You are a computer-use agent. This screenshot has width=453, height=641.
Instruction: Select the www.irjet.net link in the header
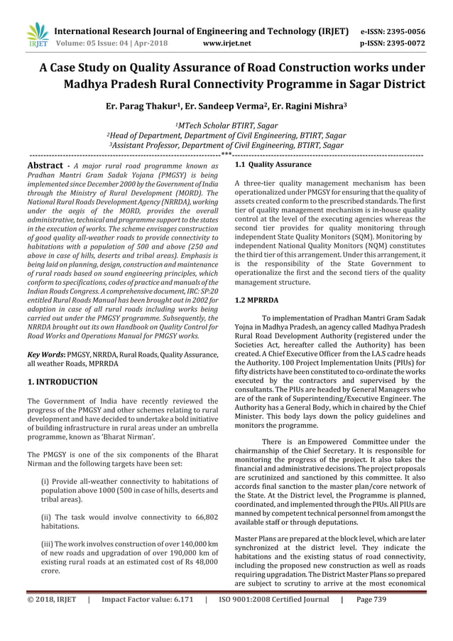coord(226,43)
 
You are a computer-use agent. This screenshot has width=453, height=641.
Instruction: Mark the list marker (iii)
coord(50,544)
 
